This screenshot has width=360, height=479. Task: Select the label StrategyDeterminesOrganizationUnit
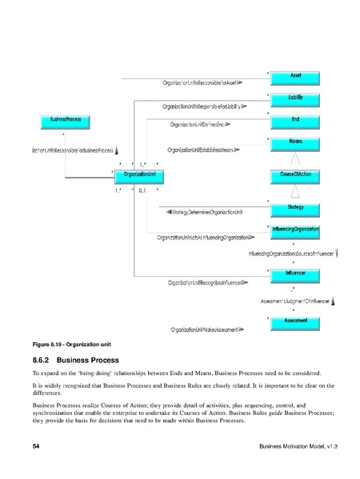tap(206, 213)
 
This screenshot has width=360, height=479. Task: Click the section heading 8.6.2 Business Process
tap(76, 361)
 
